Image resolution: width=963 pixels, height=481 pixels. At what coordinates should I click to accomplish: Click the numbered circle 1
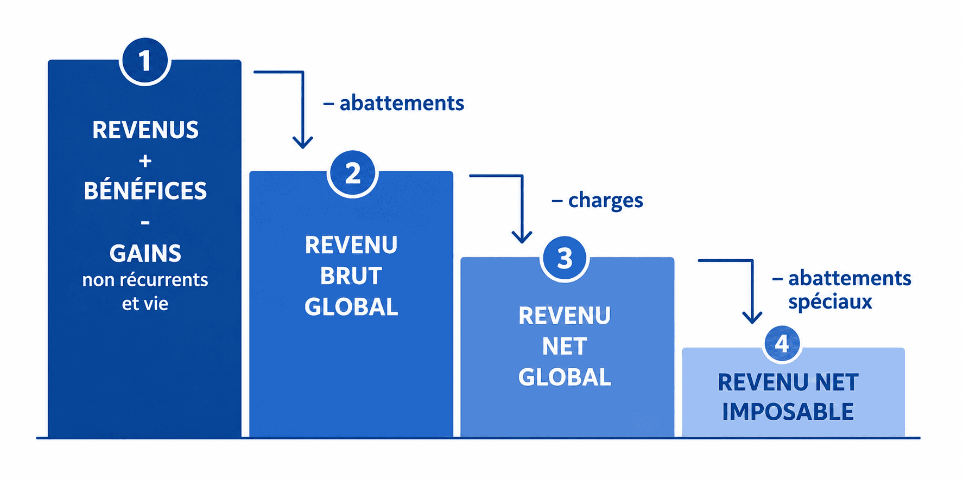coord(145,60)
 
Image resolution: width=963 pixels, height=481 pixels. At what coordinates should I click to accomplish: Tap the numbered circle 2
coord(353,173)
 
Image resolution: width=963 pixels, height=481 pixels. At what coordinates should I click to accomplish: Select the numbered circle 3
coord(565,258)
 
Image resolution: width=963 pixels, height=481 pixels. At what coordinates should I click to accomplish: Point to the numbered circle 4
coord(782,344)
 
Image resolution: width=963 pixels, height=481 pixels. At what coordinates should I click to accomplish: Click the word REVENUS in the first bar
coord(145,130)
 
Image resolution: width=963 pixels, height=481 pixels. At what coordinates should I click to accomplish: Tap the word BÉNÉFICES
coord(145,190)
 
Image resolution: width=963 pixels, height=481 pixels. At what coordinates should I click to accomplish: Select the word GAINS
coord(145,253)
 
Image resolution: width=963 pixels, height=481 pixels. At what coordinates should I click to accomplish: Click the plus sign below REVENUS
coord(145,161)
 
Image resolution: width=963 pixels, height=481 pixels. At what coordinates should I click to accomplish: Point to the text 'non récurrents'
coord(145,280)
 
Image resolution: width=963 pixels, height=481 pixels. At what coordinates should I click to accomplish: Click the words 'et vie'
coord(145,304)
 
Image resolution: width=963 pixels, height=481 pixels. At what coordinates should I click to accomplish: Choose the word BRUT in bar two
coord(351,276)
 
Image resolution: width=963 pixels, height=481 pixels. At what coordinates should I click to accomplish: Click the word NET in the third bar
coord(565,347)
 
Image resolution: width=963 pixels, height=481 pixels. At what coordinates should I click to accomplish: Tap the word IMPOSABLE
coord(788,412)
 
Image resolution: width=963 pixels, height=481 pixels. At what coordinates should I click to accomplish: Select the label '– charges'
coord(597,201)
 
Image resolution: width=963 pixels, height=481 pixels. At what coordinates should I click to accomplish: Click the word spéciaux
coord(830,302)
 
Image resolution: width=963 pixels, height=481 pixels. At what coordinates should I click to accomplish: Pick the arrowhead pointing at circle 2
coord(303,142)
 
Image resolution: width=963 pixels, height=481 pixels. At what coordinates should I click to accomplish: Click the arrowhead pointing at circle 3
coord(522,236)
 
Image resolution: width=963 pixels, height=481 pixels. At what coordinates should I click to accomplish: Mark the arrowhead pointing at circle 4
coord(752,317)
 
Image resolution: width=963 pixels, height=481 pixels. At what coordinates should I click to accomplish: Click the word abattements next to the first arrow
coord(402,103)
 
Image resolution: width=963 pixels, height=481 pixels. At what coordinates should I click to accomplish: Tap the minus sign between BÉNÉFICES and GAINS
coord(145,222)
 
